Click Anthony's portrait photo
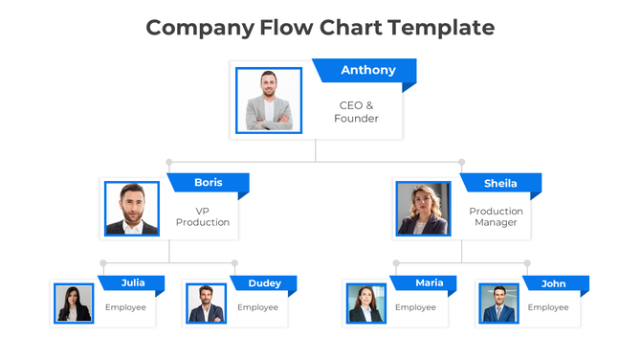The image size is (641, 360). [x=269, y=100]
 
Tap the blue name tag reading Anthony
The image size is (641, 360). [x=367, y=70]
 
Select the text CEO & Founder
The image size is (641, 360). [x=356, y=112]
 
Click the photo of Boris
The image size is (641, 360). [x=132, y=209]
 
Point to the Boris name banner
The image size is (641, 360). [x=208, y=183]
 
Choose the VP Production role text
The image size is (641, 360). [x=203, y=216]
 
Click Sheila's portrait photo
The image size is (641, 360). [x=423, y=209]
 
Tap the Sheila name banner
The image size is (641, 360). [x=500, y=183]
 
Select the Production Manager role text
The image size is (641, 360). [x=496, y=216]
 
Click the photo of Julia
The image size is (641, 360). [x=74, y=304]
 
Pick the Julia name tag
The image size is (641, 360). [x=133, y=283]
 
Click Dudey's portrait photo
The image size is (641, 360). [x=206, y=304]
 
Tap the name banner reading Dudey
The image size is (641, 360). [x=264, y=283]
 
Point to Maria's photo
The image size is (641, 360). [x=365, y=304]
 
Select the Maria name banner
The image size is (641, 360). [x=429, y=283]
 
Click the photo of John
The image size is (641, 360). [x=498, y=304]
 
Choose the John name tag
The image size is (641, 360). [x=553, y=283]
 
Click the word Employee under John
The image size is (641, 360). [x=548, y=307]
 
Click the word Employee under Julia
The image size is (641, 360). [x=125, y=307]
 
